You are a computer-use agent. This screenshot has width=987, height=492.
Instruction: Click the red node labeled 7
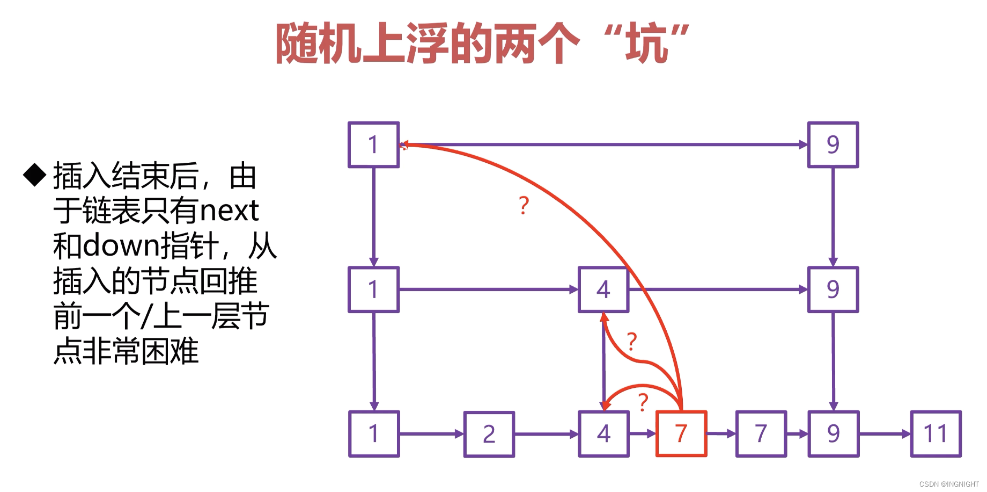(681, 433)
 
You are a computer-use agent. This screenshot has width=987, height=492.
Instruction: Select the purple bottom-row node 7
(761, 433)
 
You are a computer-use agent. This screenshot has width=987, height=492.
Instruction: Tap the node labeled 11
(936, 433)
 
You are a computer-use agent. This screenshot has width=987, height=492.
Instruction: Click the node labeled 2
(489, 434)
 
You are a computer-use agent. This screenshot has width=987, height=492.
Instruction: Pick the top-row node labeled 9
(833, 144)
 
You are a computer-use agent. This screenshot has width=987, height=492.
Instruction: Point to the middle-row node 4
(603, 290)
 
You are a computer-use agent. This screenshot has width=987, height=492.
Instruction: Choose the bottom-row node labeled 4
(603, 433)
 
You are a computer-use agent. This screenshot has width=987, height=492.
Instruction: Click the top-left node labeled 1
(373, 144)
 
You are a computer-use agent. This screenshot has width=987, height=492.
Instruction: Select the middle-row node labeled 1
(373, 290)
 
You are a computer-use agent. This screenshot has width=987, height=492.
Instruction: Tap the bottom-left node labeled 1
(374, 433)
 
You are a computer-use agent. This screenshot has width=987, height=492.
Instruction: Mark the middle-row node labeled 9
(833, 290)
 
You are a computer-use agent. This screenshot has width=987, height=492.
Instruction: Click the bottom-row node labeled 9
(833, 433)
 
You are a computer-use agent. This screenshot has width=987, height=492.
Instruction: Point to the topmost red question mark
(524, 205)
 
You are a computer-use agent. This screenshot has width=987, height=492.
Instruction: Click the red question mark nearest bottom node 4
(643, 402)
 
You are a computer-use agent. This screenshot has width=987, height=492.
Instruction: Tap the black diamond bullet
(35, 175)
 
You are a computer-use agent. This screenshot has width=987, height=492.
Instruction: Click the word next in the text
(229, 211)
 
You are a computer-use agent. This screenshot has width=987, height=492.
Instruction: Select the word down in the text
(122, 245)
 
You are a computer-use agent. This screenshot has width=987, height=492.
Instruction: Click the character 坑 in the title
(647, 43)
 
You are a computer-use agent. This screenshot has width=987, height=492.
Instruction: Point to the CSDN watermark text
(948, 484)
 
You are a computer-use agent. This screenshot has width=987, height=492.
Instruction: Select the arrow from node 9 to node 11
(885, 433)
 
